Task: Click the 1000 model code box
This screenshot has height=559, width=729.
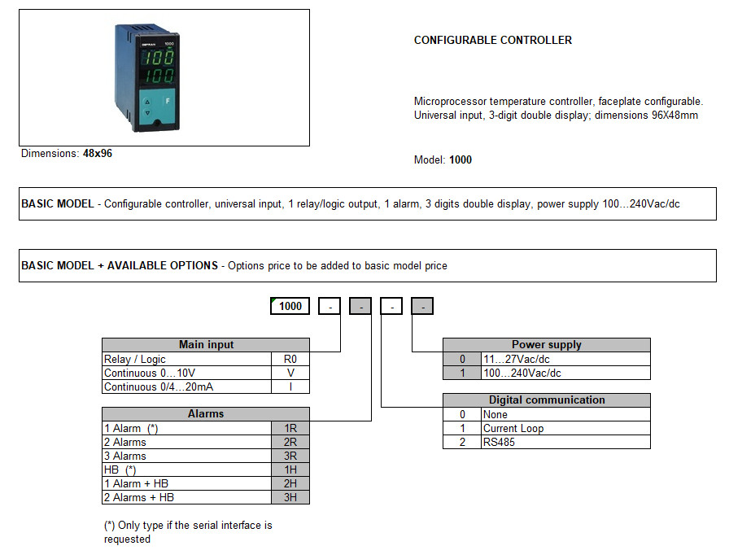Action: click(290, 307)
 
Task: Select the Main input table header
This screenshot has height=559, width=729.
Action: click(205, 345)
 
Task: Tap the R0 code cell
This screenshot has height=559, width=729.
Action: click(290, 359)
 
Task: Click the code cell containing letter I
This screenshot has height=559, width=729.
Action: click(290, 386)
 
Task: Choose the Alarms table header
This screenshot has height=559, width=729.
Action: click(205, 413)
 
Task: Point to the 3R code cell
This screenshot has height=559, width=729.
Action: click(290, 456)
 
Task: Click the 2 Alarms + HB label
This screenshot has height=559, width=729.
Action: click(139, 497)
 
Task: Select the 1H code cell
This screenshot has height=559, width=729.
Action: click(290, 469)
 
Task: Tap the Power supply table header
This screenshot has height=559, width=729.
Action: click(546, 345)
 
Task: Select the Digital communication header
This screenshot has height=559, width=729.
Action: click(546, 400)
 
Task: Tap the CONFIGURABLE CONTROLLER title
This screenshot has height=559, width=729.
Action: click(493, 40)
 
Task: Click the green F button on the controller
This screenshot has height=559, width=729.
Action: click(167, 100)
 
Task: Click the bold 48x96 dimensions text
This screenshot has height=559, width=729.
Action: click(98, 153)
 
